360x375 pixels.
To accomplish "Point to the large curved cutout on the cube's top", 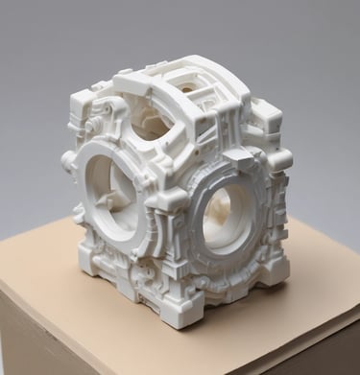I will pos(156,123).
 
